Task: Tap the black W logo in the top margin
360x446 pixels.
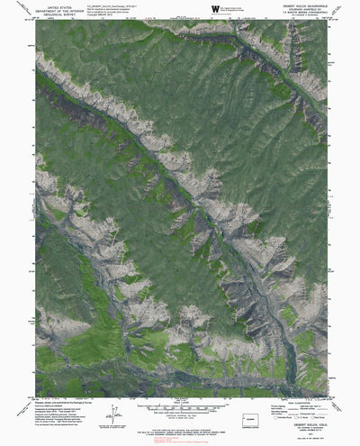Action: [214, 9]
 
